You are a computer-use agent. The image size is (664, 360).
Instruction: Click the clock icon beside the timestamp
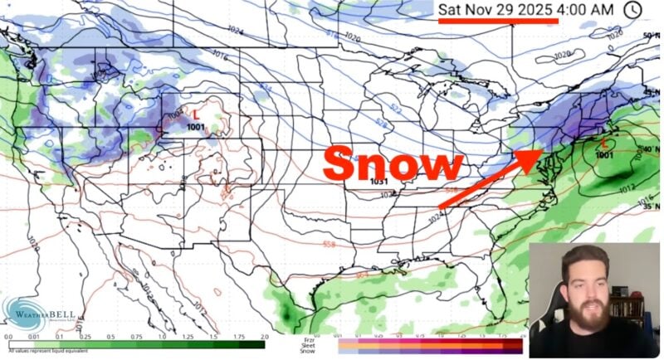tap(632, 9)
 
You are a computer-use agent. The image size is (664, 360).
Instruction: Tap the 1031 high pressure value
tap(379, 182)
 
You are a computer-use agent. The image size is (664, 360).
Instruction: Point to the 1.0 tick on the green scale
tap(161, 337)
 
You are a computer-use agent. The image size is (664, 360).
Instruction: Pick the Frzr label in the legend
tap(307, 338)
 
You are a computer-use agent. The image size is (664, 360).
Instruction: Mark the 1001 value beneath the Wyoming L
tap(196, 127)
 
